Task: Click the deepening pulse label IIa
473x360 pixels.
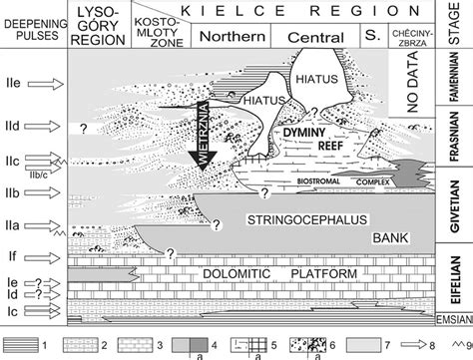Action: tap(17, 216)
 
